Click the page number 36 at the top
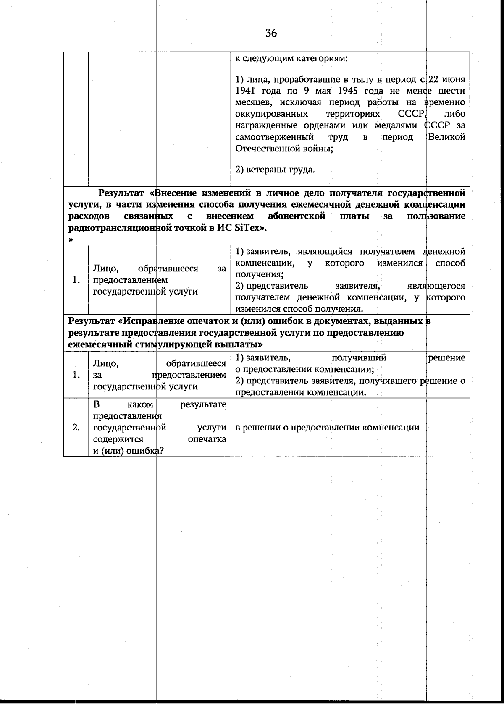(x=271, y=33)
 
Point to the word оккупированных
(x=271, y=114)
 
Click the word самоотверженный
(x=274, y=137)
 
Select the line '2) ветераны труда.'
(x=275, y=170)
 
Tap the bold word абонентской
(x=297, y=216)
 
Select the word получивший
(x=359, y=358)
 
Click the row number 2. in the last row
(x=76, y=428)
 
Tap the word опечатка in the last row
(x=207, y=439)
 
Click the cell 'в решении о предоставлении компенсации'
(x=327, y=428)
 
